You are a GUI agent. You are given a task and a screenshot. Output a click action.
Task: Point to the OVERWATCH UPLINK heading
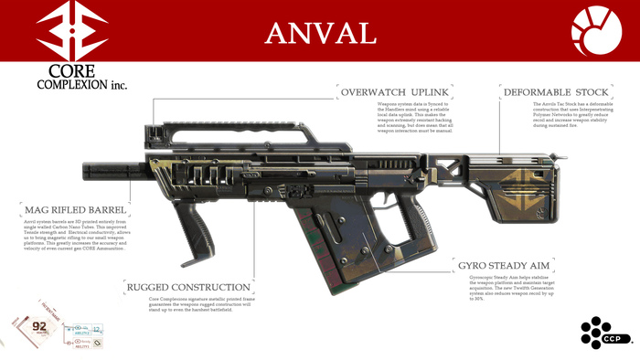point(396,92)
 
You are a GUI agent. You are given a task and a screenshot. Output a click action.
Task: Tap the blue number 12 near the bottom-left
point(98,329)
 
